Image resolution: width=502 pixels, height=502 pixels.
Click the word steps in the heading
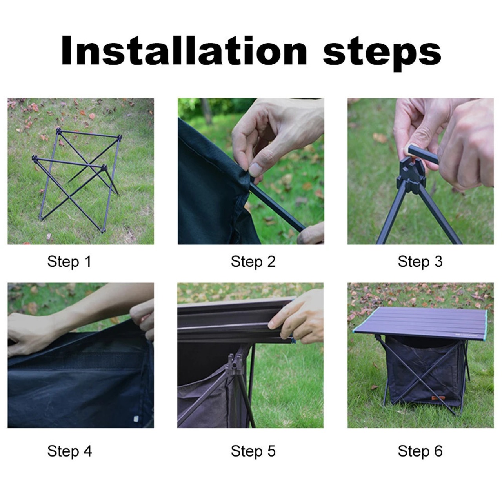(x=382, y=53)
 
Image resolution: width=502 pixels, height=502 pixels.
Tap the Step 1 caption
(x=69, y=262)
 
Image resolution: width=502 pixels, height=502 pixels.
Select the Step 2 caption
(x=253, y=262)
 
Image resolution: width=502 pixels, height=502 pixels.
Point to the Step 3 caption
(x=420, y=262)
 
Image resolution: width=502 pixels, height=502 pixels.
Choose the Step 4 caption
(x=69, y=451)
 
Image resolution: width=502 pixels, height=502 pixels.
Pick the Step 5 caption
(x=253, y=451)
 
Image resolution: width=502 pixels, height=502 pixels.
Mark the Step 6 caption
(x=420, y=451)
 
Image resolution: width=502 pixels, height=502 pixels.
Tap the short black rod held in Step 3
(x=422, y=154)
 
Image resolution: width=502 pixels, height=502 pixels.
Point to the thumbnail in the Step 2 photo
(x=256, y=169)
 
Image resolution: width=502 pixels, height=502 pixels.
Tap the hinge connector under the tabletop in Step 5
(x=235, y=364)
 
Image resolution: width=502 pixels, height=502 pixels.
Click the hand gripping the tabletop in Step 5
(x=297, y=317)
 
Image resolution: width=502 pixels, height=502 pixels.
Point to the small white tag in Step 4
(x=135, y=418)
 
